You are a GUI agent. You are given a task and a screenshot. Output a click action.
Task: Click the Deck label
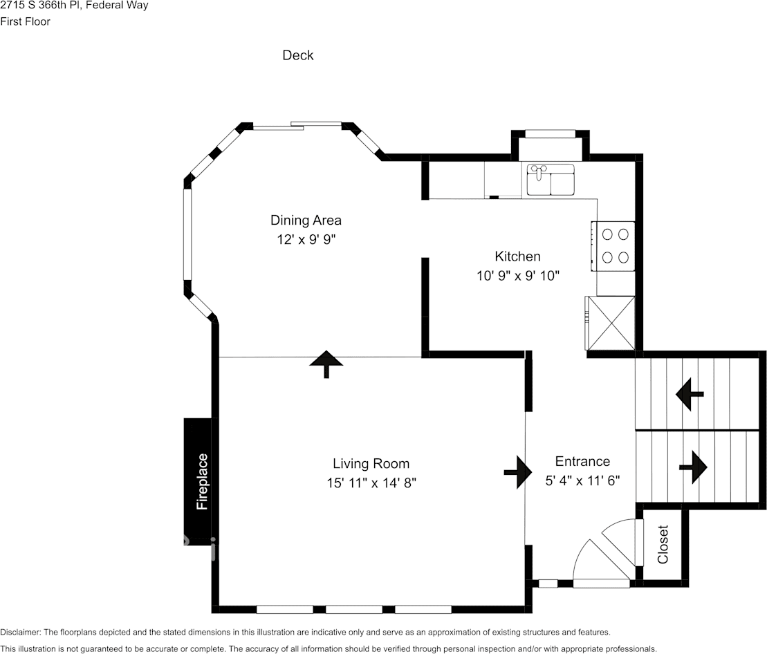[x=298, y=55]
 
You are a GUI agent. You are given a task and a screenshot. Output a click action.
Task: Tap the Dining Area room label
[x=306, y=221]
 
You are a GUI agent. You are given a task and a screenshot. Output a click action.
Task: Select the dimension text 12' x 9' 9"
[x=306, y=239]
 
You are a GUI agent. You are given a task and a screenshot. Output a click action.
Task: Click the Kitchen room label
[x=517, y=256]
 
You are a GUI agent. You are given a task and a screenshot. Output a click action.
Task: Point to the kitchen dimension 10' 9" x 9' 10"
[x=517, y=275]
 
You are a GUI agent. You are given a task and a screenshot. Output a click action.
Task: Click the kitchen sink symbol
[x=551, y=180]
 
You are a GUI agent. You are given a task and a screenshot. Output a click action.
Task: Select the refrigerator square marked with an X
[x=611, y=324]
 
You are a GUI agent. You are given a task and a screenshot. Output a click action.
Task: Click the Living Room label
[x=371, y=464]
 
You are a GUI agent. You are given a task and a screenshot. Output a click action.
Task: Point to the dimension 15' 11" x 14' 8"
[x=371, y=483]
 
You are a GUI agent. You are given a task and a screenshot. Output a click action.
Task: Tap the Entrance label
[x=582, y=462]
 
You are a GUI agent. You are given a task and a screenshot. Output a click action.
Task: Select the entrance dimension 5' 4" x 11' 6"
[x=582, y=480]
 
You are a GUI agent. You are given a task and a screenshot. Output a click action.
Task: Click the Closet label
[x=663, y=545]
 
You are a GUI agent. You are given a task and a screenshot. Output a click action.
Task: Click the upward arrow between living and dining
[x=325, y=364]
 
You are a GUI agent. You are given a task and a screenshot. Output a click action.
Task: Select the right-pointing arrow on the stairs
[x=694, y=467]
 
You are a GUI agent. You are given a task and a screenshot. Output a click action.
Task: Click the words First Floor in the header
[x=25, y=21]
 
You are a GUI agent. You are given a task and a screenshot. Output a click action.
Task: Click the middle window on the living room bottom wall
[x=353, y=609]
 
